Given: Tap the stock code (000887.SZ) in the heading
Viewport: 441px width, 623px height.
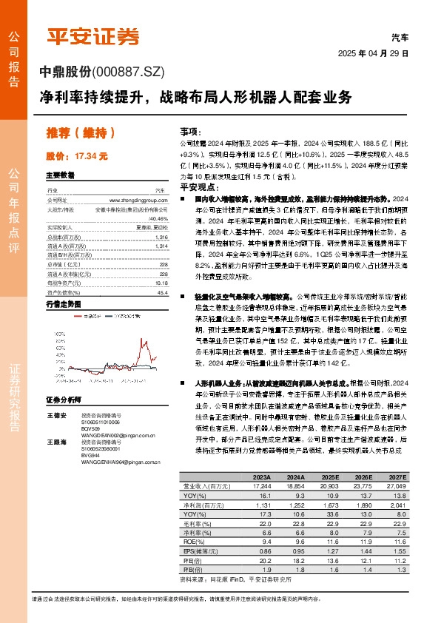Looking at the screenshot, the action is tap(131, 71).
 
